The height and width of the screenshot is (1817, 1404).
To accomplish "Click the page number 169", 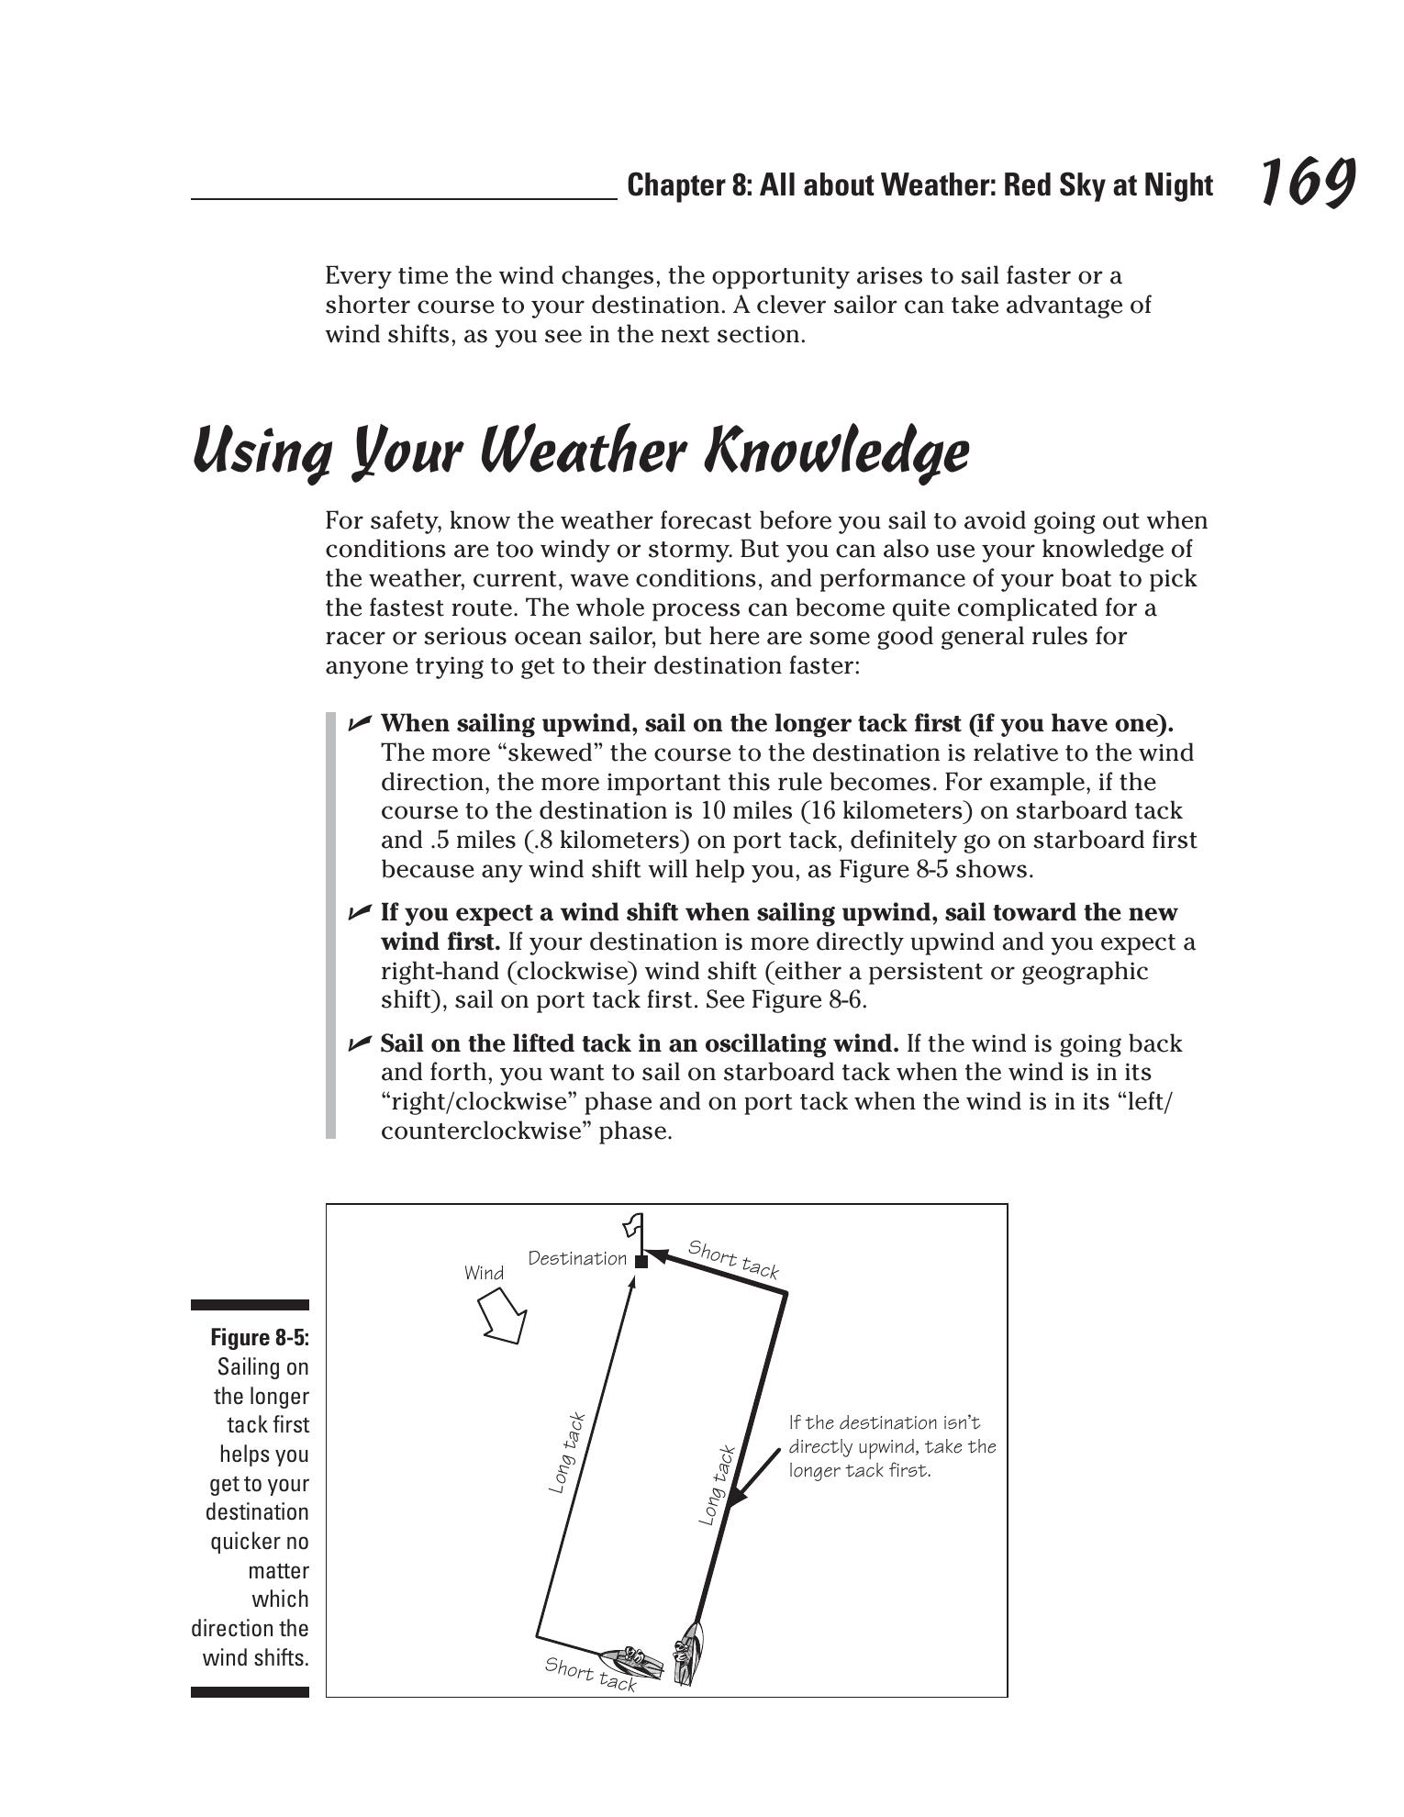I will pos(1307,182).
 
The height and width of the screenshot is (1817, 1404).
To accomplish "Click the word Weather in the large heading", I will pos(581,452).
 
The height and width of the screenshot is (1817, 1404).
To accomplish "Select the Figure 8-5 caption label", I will pos(260,1337).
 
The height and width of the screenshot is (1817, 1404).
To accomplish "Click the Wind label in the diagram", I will pos(484,1273).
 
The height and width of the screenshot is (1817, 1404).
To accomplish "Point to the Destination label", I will pos(577,1258).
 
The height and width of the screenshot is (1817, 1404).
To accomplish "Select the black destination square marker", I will pos(641,1262).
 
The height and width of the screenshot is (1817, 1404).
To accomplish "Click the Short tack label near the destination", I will pos(733,1259).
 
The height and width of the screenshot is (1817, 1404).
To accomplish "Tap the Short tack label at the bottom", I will pos(590,1673).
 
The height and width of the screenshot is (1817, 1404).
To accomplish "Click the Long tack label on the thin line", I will pos(566,1453).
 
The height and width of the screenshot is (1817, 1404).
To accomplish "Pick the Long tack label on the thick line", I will pos(717,1486).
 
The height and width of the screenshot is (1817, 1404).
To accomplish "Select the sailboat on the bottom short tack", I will pos(632,1660).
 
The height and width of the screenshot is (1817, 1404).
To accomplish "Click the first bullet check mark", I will pos(359,723).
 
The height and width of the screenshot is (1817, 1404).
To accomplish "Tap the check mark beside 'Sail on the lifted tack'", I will pos(359,1043).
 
